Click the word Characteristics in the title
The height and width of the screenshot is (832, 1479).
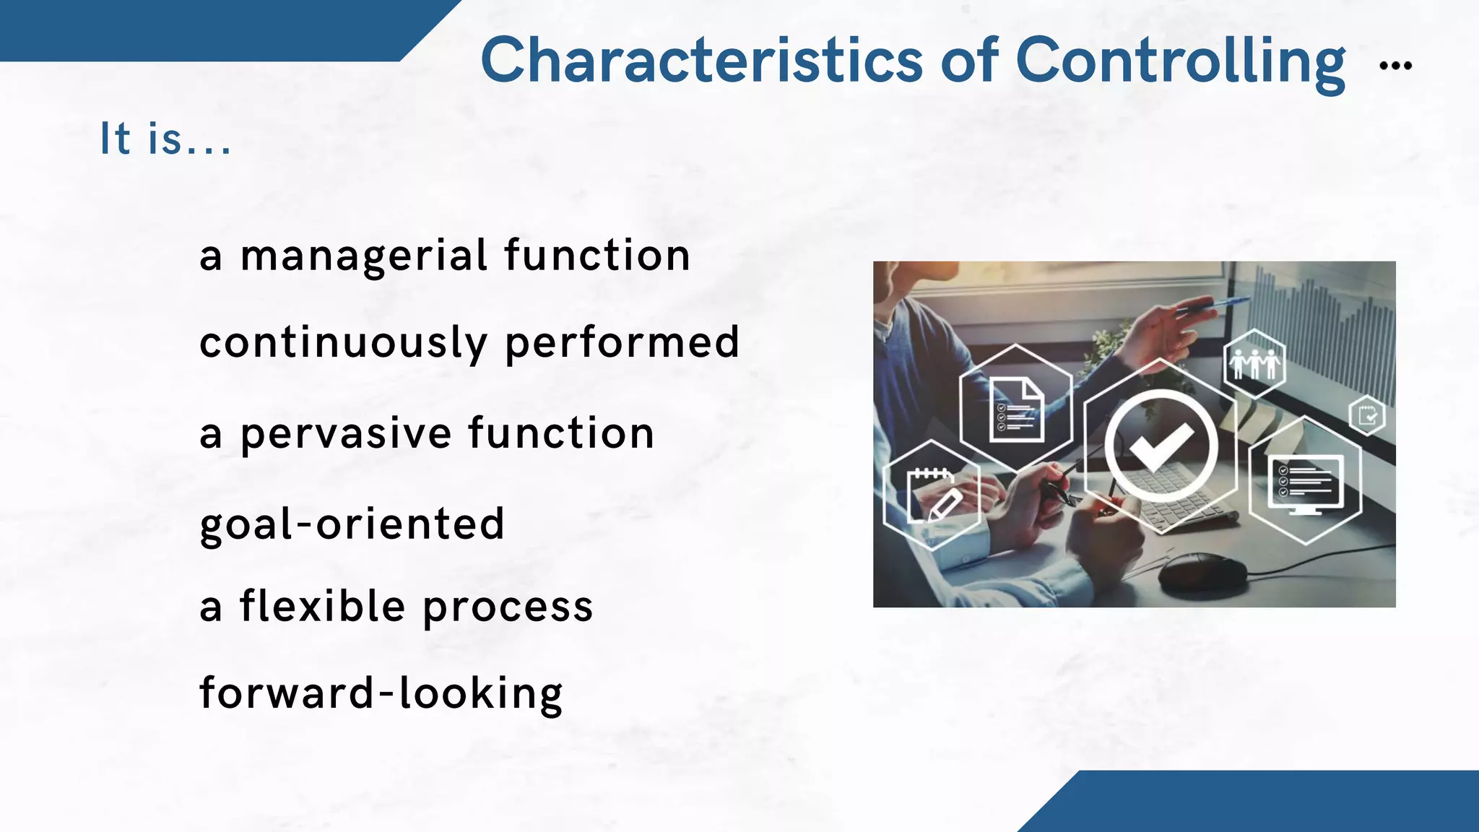pos(701,61)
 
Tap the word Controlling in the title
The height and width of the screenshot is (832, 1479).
pos(1180,62)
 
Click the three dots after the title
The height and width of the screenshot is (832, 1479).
pos(1395,66)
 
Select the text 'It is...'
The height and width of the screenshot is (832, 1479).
pos(165,139)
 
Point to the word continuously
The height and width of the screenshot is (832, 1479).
pos(343,343)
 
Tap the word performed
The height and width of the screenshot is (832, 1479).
pos(622,343)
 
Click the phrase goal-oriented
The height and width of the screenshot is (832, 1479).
pos(352,524)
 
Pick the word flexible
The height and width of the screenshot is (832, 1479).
pos(322,606)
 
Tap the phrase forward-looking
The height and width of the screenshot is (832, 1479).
pos(381,693)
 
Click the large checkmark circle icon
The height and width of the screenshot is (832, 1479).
pos(1161,446)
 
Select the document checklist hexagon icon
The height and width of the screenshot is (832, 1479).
pos(1016,409)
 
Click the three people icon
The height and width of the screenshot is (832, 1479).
pos(1255,363)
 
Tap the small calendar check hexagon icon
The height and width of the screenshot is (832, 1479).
pos(1367,416)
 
